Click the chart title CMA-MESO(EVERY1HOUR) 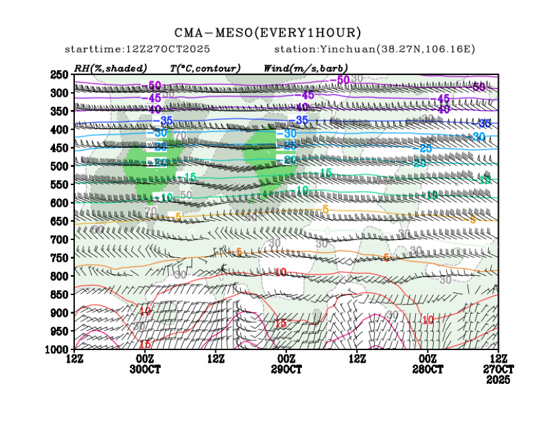(268, 32)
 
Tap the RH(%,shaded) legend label (111, 68)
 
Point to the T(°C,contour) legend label (205, 68)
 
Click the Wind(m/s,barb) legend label (305, 68)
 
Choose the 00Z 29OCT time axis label (286, 363)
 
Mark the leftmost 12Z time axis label (75, 359)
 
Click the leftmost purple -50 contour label (153, 85)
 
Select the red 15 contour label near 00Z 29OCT (279, 324)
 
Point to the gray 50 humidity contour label (186, 194)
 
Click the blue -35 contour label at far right (485, 123)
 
